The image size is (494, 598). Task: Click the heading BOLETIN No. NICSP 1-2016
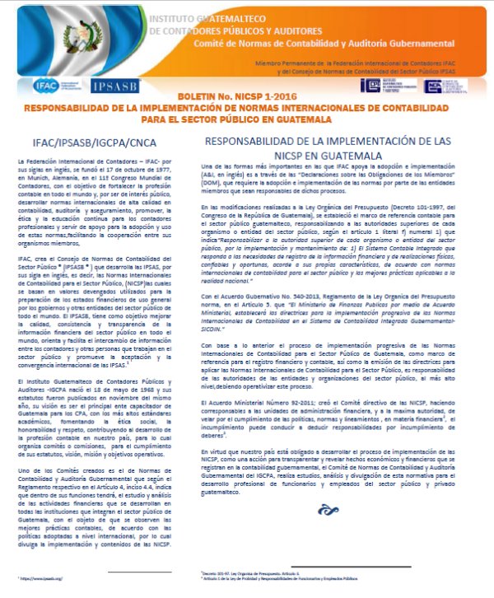pyautogui.click(x=246, y=99)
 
